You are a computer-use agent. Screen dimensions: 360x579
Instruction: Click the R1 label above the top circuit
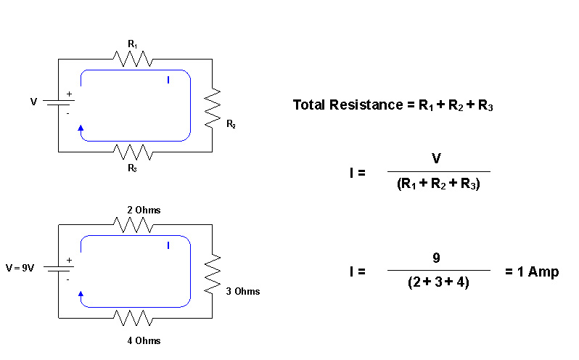tap(132, 44)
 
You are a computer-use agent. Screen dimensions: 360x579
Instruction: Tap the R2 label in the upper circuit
tap(230, 125)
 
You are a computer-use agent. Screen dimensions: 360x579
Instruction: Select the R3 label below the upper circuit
tap(132, 168)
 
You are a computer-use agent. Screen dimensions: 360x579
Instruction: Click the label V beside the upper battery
tap(33, 102)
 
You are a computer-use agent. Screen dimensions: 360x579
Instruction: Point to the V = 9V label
tap(20, 268)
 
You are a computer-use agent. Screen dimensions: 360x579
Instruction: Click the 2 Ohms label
tap(143, 210)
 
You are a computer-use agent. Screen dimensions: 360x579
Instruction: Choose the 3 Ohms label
tap(242, 291)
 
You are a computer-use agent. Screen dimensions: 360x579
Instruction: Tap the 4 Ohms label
tap(143, 340)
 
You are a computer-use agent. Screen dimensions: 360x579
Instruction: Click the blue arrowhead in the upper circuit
tap(81, 127)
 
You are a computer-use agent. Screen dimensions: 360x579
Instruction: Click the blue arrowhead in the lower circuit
tap(81, 294)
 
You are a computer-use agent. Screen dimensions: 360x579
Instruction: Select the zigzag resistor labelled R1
tap(132, 59)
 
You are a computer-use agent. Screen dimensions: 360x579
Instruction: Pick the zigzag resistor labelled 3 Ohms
tap(212, 274)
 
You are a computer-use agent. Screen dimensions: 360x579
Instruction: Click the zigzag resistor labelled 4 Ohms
tap(132, 318)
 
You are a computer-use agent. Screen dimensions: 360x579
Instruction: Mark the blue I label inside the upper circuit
tap(168, 80)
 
